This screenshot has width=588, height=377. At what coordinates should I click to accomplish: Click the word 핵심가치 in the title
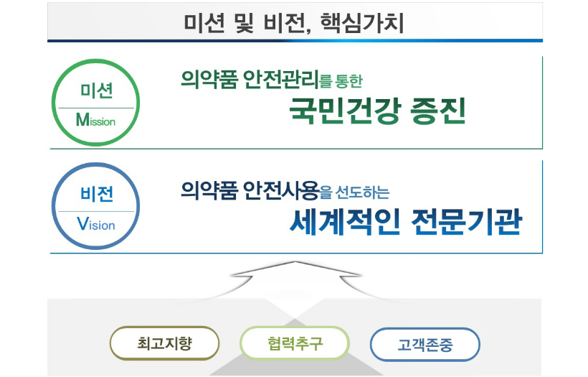(x=362, y=23)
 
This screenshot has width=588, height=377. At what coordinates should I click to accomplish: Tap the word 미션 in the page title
(x=204, y=23)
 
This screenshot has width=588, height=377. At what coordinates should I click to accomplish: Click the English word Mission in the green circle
(x=95, y=120)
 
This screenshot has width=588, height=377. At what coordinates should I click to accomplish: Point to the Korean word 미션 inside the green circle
(x=96, y=90)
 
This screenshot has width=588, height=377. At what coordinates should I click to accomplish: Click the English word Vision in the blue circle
(x=96, y=224)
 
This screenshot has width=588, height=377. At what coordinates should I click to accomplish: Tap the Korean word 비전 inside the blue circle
(x=97, y=194)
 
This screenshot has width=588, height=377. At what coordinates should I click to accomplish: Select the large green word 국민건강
(x=343, y=111)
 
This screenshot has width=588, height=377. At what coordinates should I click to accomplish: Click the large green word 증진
(x=437, y=111)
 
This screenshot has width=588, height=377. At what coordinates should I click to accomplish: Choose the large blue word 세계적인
(x=344, y=222)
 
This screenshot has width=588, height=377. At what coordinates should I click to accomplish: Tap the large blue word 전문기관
(x=467, y=222)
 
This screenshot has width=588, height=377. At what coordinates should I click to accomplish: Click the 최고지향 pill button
(x=165, y=343)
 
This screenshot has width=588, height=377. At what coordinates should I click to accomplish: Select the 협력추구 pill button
(x=295, y=343)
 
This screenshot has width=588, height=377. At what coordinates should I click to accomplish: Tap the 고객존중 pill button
(x=425, y=345)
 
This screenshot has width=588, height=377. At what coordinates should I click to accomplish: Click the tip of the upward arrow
(x=296, y=261)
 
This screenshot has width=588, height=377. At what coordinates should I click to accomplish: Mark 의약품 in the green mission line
(x=209, y=79)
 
